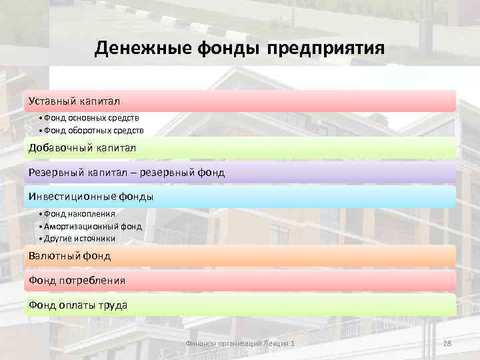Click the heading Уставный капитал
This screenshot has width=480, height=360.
74,101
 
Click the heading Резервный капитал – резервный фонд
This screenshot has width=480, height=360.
127,173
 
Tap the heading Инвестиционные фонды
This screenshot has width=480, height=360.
91,197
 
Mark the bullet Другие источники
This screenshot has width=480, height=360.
79,238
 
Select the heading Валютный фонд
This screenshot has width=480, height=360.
69,255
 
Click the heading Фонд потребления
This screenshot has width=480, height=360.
77,281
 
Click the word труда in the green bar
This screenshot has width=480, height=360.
111,305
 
